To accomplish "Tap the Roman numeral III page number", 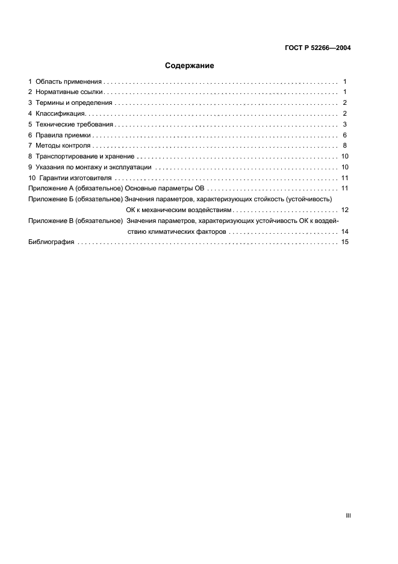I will [x=348, y=515].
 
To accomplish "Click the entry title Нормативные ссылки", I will [x=70, y=92].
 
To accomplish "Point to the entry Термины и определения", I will [x=74, y=103].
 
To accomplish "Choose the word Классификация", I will [x=61, y=114].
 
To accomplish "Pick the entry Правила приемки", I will [x=63, y=136].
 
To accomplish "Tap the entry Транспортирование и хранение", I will [x=84, y=157].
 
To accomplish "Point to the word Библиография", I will [x=51, y=242].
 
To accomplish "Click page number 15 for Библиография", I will [x=345, y=242].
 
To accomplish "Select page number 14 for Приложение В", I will [x=345, y=231].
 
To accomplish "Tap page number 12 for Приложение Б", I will [x=345, y=210].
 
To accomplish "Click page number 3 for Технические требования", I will [x=345, y=125].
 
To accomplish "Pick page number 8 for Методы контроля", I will [x=345, y=146].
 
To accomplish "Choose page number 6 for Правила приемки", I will [x=345, y=136].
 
